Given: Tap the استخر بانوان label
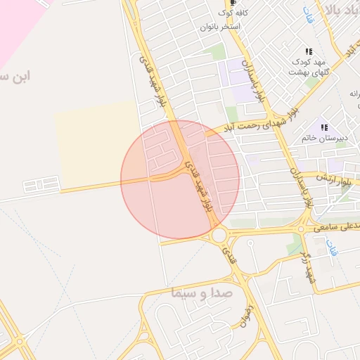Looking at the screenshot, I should tap(221, 27).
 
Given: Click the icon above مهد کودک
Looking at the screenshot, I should tap(309, 51).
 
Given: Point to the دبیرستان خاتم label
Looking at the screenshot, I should tap(323, 139).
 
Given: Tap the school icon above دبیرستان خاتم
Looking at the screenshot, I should tap(323, 127).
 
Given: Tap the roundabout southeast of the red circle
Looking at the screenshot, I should tap(219, 235).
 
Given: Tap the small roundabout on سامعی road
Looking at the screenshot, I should tap(302, 228).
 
